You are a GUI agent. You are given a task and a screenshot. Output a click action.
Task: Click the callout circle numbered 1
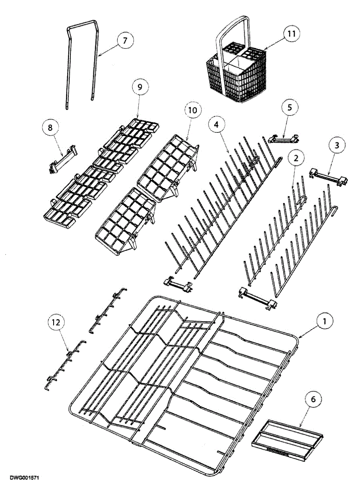[325, 321]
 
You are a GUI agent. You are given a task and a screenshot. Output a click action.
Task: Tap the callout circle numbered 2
[296, 158]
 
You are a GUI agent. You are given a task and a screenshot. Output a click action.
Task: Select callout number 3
[337, 146]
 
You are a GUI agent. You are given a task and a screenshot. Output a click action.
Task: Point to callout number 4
[216, 125]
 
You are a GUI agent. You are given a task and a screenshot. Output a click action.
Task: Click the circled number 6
[313, 399]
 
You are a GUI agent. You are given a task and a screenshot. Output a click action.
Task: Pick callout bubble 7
[125, 41]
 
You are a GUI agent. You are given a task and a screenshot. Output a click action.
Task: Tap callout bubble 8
[50, 128]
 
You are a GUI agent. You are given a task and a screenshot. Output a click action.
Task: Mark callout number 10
[193, 110]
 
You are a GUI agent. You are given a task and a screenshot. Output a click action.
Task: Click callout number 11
[292, 34]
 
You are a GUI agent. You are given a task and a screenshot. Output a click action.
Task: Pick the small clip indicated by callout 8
[63, 162]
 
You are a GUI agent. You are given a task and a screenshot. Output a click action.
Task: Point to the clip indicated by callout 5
[284, 138]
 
